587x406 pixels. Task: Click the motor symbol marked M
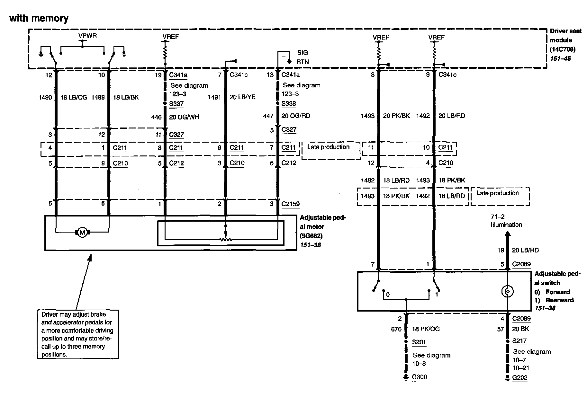coord(82,232)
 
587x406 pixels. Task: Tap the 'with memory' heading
coord(39,18)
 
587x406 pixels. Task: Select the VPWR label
coord(87,36)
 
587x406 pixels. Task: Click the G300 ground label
coord(420,377)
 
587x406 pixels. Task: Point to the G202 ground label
coord(520,377)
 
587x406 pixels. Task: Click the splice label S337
coord(176,104)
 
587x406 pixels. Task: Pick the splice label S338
coord(289,104)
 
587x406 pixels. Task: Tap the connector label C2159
coord(290,204)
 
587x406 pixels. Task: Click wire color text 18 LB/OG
coord(74,97)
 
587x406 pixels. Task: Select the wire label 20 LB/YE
coord(242,97)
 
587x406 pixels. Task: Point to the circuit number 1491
coord(214,97)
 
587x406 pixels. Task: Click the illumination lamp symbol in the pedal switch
coord(508,292)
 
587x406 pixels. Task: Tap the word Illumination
coord(506,225)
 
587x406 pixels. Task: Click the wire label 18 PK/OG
coord(426,329)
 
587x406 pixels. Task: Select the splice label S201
coord(419,342)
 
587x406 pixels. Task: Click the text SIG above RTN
coord(303,53)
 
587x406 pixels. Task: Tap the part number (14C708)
coord(563,49)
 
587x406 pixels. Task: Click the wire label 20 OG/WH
coord(184,117)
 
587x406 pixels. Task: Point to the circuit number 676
coord(396,329)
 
